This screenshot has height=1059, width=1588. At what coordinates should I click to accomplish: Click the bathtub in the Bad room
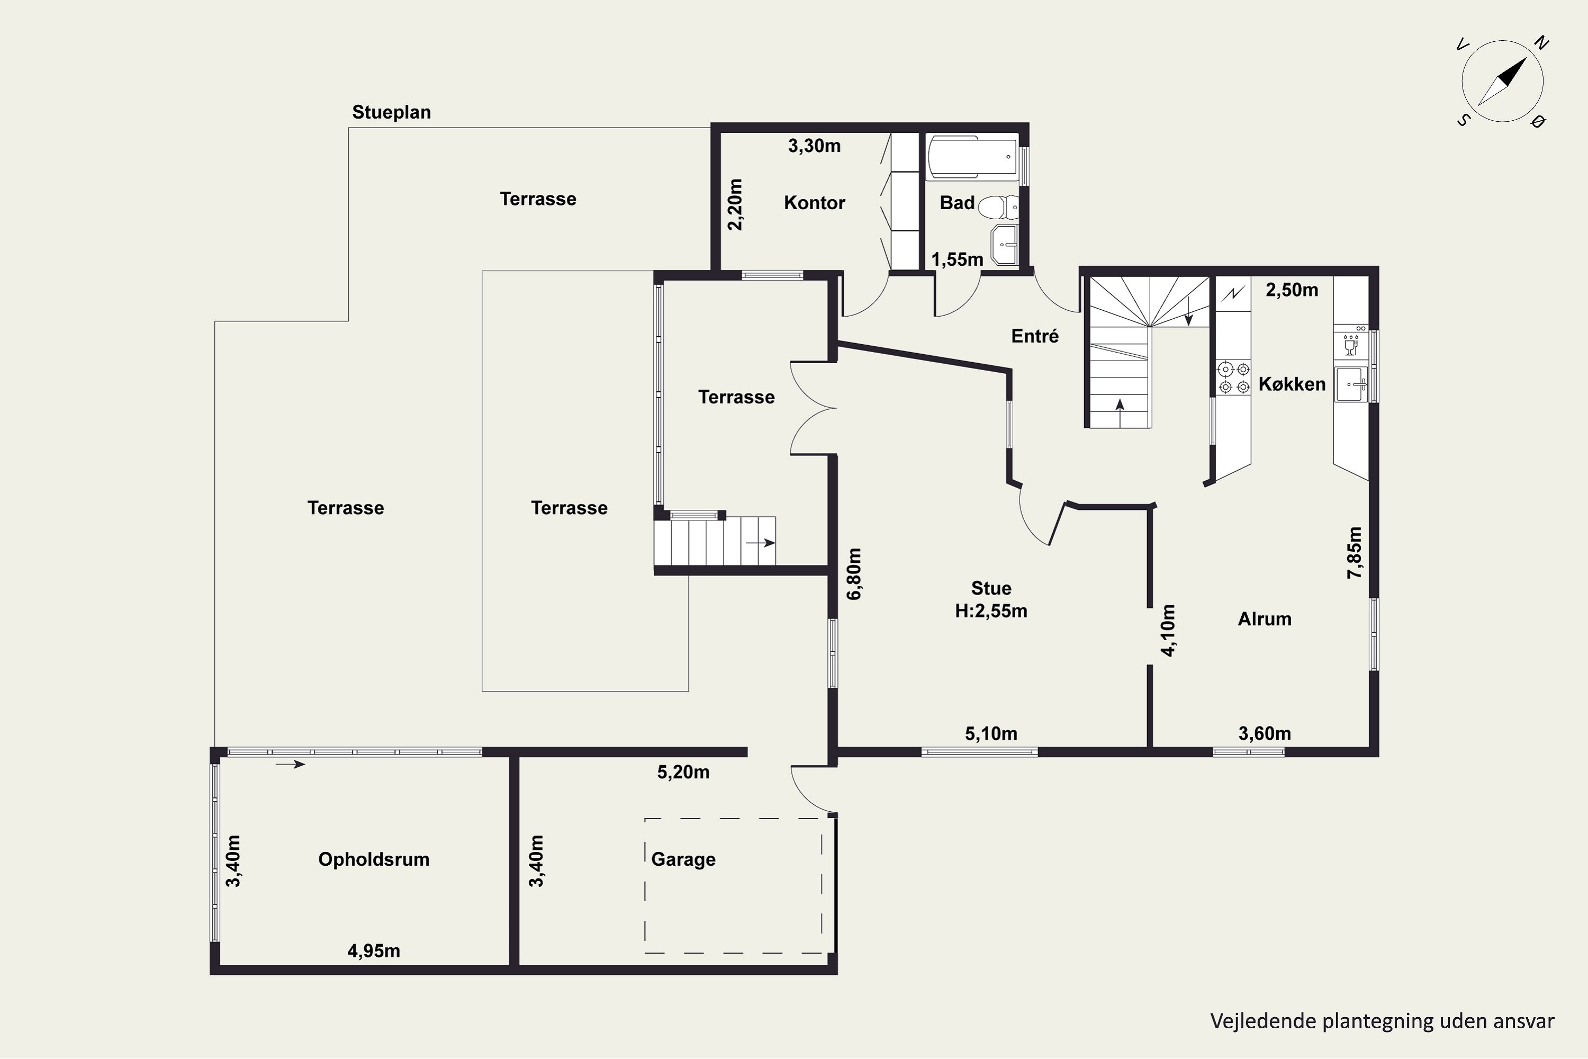pos(972,157)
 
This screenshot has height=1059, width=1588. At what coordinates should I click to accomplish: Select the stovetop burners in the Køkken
pos(1233,378)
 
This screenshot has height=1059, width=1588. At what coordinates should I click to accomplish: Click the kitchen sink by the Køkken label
pos(1351,384)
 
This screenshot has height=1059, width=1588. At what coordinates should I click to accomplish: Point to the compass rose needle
pos(1503,81)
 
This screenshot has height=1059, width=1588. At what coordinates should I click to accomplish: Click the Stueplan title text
pos(392,112)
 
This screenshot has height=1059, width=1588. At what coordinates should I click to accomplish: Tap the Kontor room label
pos(814,203)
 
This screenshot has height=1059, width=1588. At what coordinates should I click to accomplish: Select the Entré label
pos(1035,336)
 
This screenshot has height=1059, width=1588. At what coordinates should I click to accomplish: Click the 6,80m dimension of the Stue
pos(854,573)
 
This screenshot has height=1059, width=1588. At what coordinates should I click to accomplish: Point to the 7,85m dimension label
pos(1355,552)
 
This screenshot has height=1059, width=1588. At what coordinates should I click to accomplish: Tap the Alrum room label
pos(1265,618)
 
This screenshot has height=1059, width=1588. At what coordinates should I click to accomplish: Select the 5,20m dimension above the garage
pos(683,772)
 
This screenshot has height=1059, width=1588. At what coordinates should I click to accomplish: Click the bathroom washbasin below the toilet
pos(1004,245)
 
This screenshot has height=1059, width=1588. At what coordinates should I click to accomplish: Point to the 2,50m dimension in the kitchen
pos(1292,290)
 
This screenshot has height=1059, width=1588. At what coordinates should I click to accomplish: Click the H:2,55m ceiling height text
pos(991,611)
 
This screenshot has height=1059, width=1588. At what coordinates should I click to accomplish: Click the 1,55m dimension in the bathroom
pos(958,259)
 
